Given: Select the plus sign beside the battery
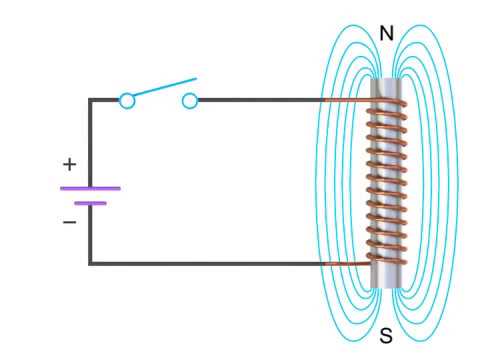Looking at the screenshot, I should click(x=69, y=163).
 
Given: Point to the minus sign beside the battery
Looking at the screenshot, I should click(x=69, y=222).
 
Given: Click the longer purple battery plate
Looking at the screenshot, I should click(x=90, y=187).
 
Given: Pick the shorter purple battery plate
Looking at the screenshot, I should click(x=90, y=202).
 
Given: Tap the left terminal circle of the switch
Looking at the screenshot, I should click(x=127, y=100).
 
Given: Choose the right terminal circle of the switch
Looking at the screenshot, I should click(x=190, y=100).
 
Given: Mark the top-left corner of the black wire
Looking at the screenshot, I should click(x=90, y=100).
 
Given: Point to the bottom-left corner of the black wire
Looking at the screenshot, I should click(x=90, y=263).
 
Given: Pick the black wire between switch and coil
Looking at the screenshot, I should click(x=260, y=100).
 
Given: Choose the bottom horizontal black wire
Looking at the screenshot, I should click(x=200, y=263).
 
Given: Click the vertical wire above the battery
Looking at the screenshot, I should click(x=90, y=140).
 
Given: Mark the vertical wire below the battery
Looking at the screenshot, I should click(x=90, y=235).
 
